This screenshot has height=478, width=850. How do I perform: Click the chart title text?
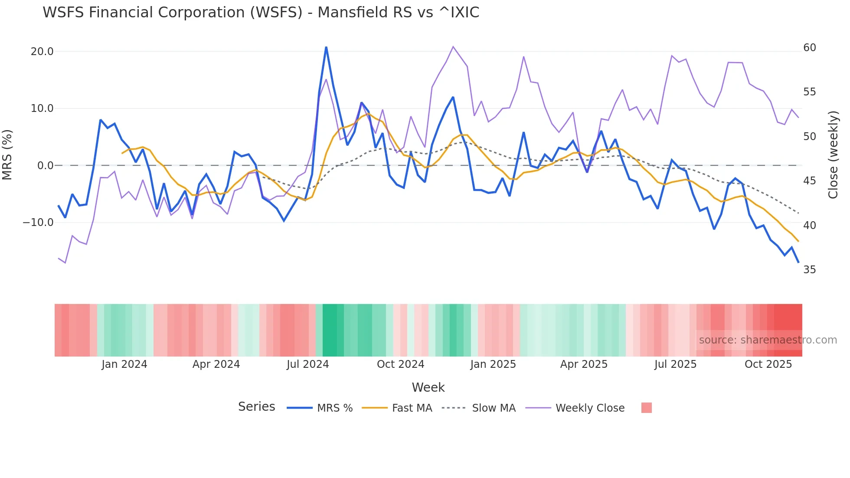pos(261,13)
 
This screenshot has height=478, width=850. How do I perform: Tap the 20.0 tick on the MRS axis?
pos(42,52)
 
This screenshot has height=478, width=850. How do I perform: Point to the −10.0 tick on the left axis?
pos(38,223)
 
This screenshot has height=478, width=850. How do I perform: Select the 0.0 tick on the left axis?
pos(45,166)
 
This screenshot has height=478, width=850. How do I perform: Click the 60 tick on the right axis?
pos(809,48)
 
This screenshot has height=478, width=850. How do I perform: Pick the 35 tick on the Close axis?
pos(809,270)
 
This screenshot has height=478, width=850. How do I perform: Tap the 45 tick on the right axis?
pos(809,181)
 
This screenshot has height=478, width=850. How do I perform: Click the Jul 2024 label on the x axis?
pos(307,364)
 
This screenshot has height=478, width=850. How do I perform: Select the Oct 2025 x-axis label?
pos(768,364)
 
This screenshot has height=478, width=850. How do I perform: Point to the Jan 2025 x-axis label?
pos(493,364)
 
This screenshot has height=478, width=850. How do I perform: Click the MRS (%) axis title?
pos(7,155)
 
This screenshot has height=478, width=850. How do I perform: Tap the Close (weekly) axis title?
pos(833,155)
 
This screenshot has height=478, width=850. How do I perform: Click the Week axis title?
pos(428,387)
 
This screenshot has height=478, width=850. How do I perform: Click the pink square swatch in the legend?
pos(646,408)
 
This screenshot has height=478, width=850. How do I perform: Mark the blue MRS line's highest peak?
pos(326,47)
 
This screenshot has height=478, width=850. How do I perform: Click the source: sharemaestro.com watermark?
pos(768,340)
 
